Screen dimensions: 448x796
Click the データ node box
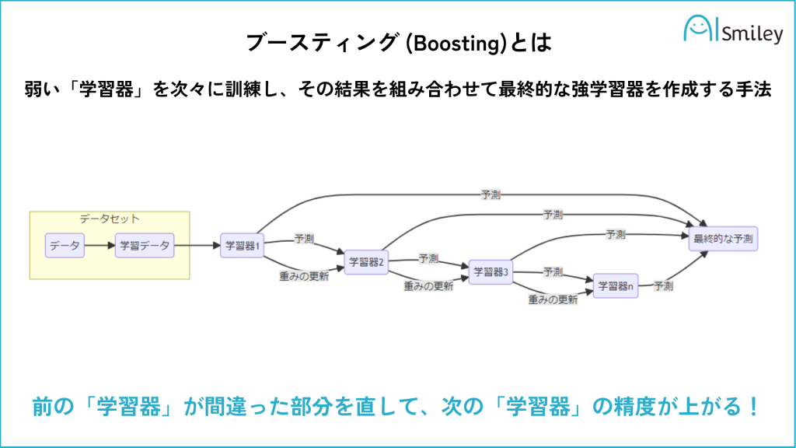coord(65,246)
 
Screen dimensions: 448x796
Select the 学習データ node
coord(145,246)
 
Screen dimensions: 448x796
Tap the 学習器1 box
coord(243,246)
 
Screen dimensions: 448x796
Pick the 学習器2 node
coord(366,261)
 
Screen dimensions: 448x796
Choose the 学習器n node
coord(615,286)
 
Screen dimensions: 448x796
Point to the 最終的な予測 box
coord(723,238)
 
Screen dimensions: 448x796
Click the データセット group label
coord(110,220)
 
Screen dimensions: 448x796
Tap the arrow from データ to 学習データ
coord(99,246)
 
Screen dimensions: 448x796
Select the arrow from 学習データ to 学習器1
coord(197,246)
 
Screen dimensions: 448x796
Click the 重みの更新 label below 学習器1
coord(304,275)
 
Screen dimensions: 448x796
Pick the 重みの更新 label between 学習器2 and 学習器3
coord(428,285)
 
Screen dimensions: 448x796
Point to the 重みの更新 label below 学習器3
coord(553,299)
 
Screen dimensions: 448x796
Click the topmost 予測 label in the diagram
coord(491,194)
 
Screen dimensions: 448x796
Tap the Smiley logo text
coord(752,34)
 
